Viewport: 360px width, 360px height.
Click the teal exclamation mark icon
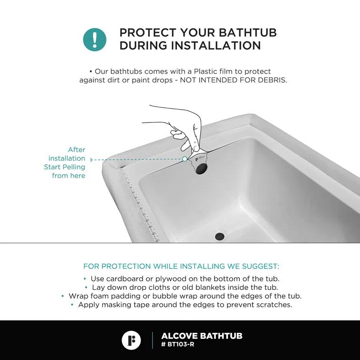[95, 39]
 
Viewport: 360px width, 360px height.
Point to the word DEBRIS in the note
[272, 80]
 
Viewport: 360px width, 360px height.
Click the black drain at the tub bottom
[220, 236]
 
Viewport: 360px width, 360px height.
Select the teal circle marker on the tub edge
[185, 159]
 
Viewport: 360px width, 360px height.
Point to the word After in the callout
[76, 150]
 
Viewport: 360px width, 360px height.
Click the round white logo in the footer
[131, 340]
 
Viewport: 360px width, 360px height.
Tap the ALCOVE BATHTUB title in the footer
[202, 336]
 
